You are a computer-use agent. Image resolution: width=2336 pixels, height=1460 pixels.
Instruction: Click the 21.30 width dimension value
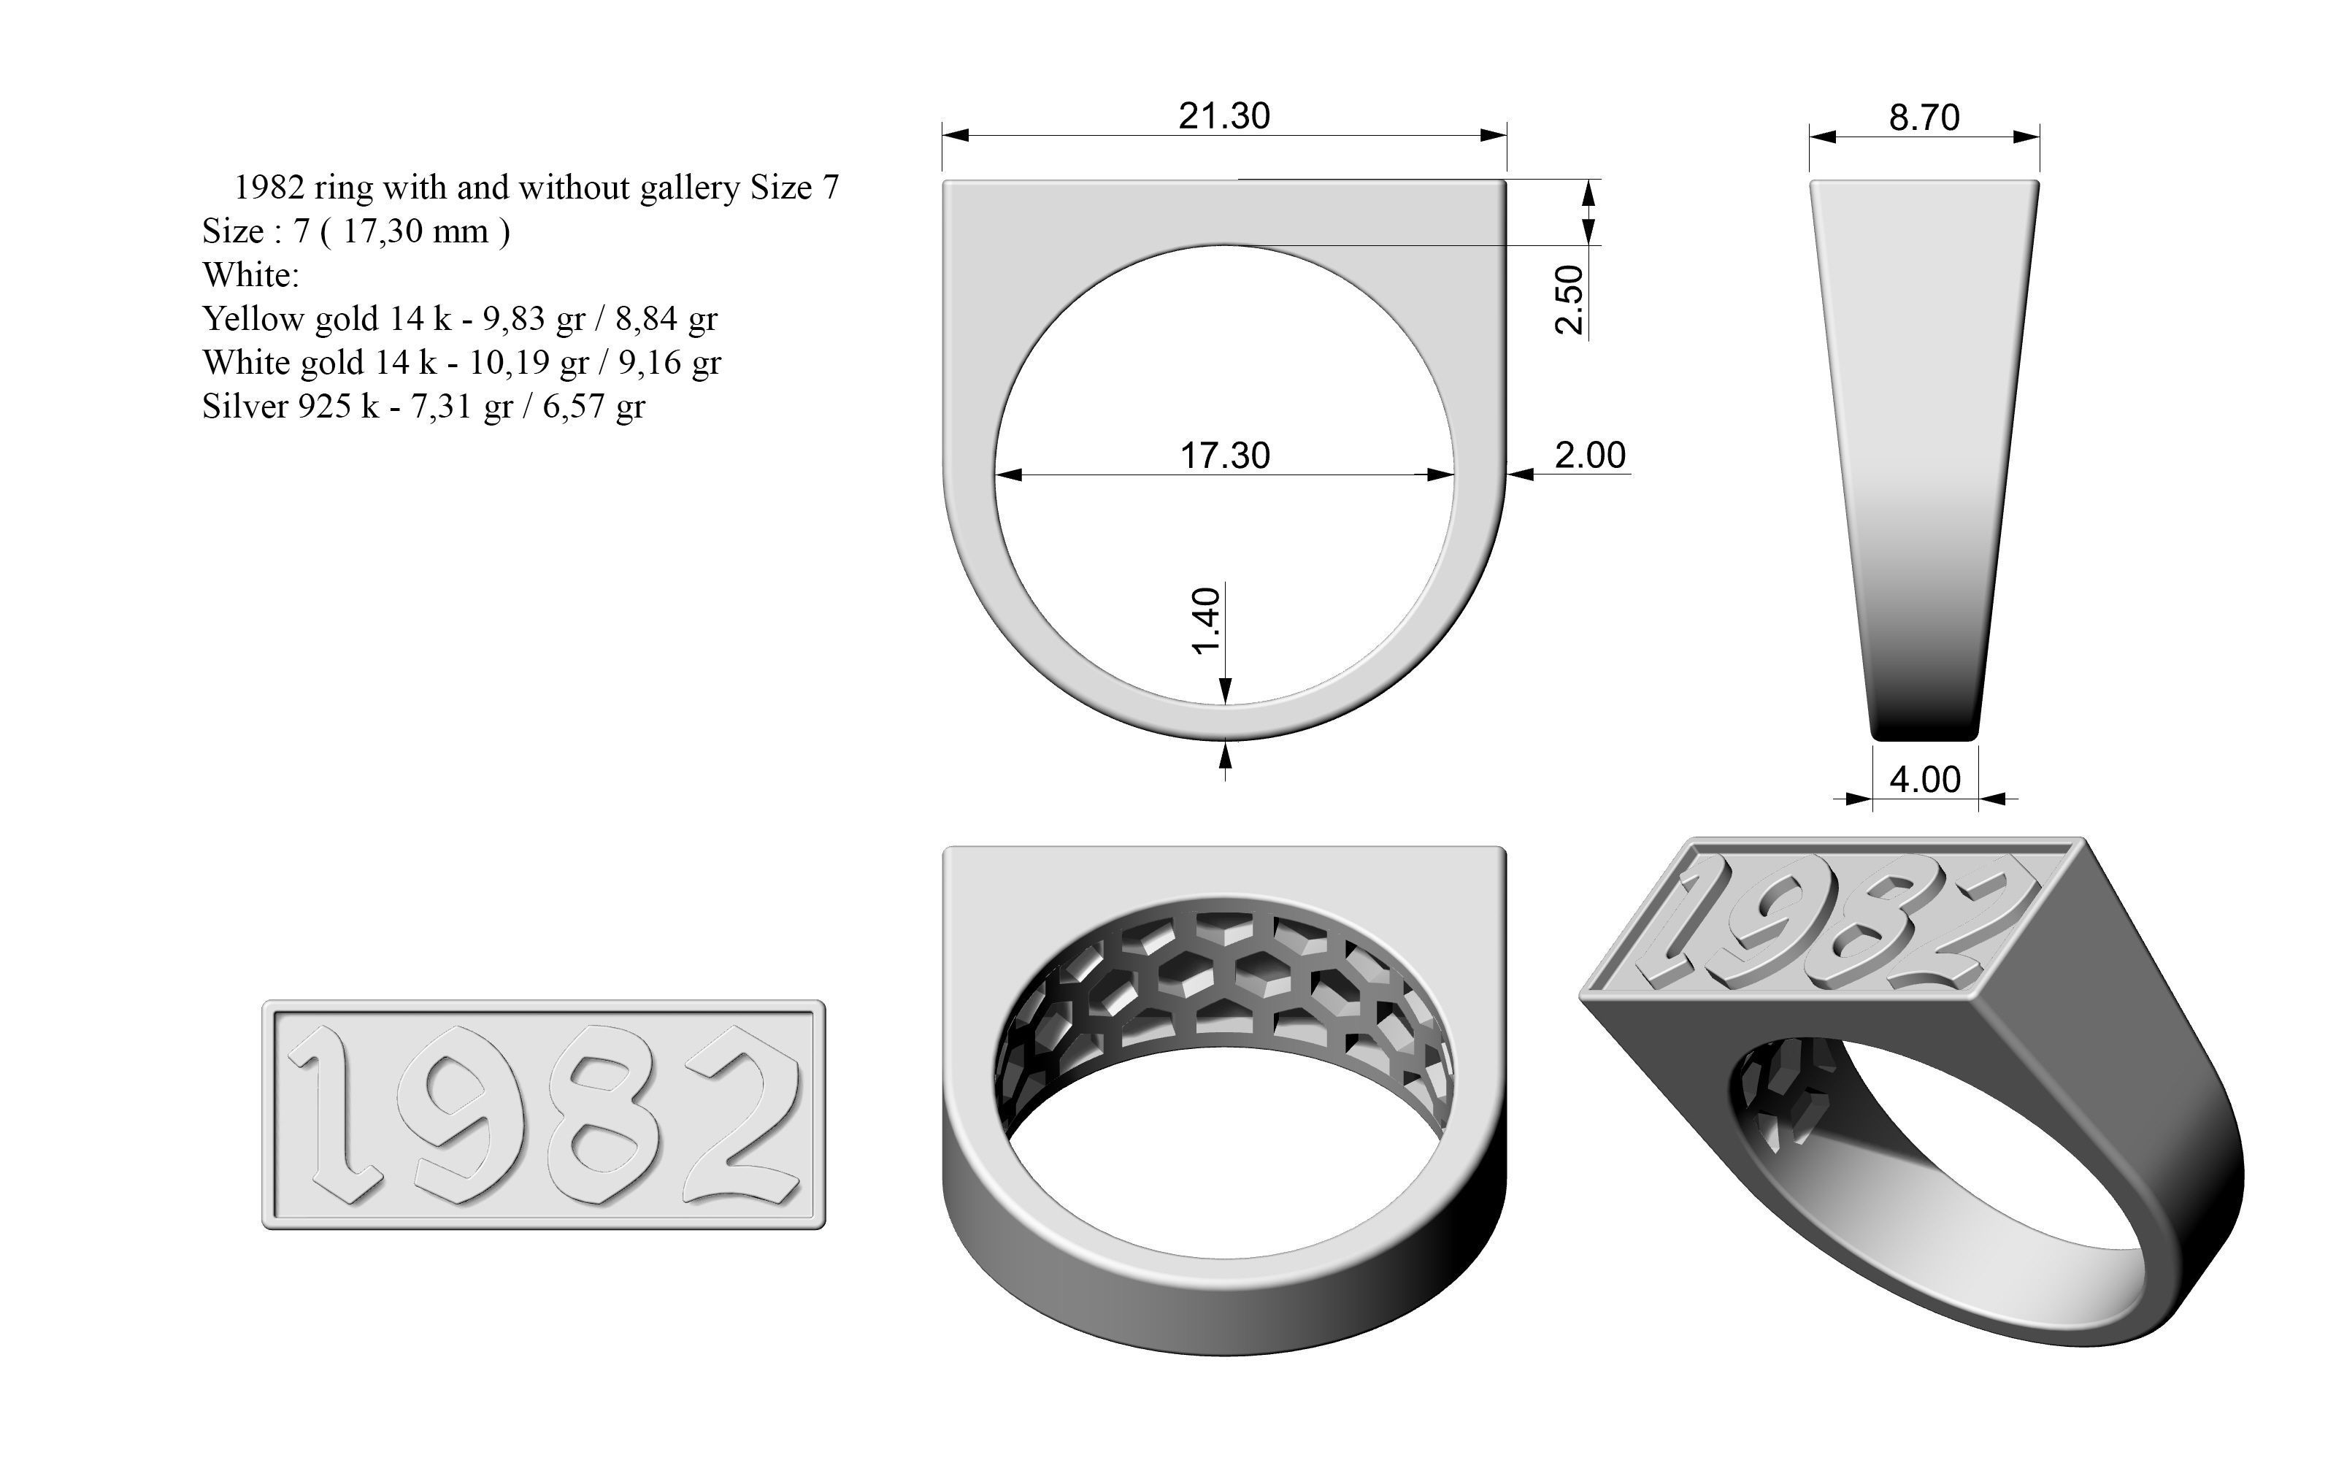pos(1224,116)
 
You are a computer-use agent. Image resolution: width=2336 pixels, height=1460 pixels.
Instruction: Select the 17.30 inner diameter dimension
pos(1225,455)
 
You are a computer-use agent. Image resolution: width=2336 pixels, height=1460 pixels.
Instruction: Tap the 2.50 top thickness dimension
pos(1569,299)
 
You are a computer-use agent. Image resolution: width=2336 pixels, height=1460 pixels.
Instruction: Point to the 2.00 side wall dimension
pos(1590,455)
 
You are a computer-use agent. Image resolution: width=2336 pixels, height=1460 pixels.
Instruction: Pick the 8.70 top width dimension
pos(1924,118)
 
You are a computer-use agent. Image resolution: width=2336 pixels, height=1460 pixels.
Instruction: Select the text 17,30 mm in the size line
pos(415,231)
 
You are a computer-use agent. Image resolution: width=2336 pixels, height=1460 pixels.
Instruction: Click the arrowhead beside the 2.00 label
pos(1521,474)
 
